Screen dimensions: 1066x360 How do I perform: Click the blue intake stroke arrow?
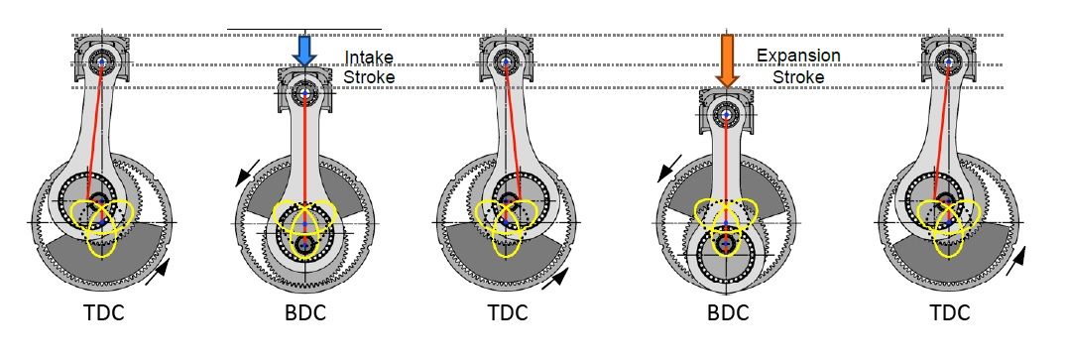[304, 52]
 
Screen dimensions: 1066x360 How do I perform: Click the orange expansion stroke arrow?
[727, 61]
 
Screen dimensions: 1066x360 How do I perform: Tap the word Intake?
[369, 58]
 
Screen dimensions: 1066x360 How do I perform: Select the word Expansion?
[798, 56]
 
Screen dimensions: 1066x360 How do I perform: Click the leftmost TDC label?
[103, 313]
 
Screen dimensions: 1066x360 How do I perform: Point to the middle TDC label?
[508, 313]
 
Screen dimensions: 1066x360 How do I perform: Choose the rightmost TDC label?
[950, 313]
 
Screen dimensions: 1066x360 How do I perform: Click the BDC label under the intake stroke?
[304, 313]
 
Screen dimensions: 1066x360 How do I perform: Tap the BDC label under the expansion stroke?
[728, 313]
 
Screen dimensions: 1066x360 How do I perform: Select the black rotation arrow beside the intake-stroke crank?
[247, 173]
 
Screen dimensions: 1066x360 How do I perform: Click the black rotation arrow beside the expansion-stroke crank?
[669, 169]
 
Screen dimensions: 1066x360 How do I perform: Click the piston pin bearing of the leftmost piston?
[102, 61]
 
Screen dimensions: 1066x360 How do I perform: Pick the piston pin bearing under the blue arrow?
[304, 94]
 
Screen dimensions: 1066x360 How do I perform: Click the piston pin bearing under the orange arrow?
[727, 114]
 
